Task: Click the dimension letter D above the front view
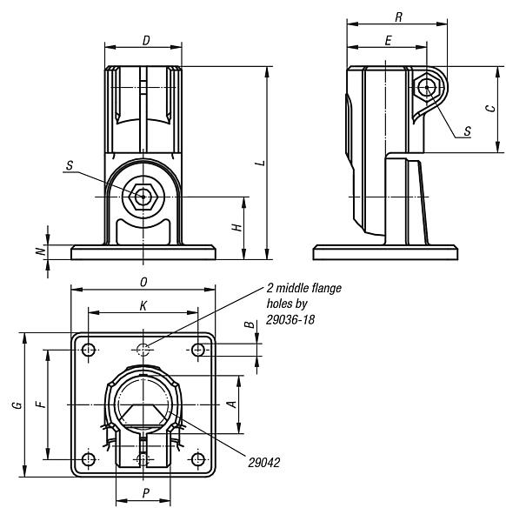pyautogui.click(x=144, y=40)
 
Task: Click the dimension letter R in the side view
pyautogui.click(x=397, y=17)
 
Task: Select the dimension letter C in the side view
pyautogui.click(x=489, y=110)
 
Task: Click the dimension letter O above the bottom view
pyautogui.click(x=143, y=281)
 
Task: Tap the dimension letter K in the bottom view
pyautogui.click(x=143, y=305)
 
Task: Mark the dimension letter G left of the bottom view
pyautogui.click(x=18, y=404)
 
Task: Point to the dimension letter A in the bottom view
pyautogui.click(x=230, y=404)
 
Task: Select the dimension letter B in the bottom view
pyautogui.click(x=250, y=325)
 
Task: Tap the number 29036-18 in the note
pyautogui.click(x=293, y=320)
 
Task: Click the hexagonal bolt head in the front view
pyautogui.click(x=143, y=197)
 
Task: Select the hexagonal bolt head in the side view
pyautogui.click(x=425, y=87)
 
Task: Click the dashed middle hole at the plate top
pyautogui.click(x=143, y=350)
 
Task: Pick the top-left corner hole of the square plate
pyautogui.click(x=88, y=350)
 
